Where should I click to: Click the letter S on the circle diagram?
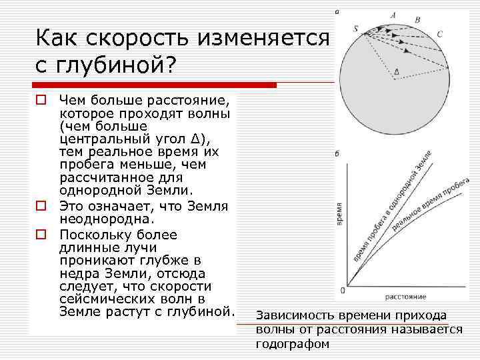pyautogui.click(x=356, y=29)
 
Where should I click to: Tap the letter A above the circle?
pyautogui.click(x=393, y=15)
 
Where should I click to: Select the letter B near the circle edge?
pyautogui.click(x=417, y=20)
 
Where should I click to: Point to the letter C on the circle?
pyautogui.click(x=439, y=34)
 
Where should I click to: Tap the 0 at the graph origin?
pyautogui.click(x=342, y=291)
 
